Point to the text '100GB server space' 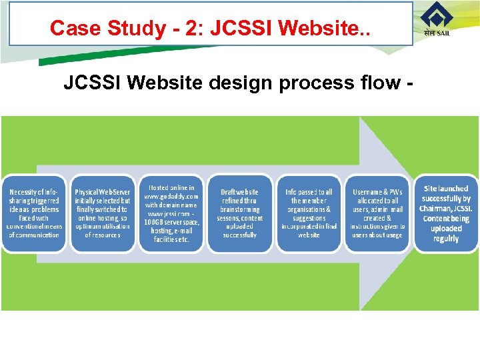pyautogui.click(x=172, y=222)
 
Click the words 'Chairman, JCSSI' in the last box pyautogui.click(x=446, y=209)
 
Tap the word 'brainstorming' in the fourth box pyautogui.click(x=240, y=209)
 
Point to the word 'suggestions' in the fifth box pyautogui.click(x=309, y=218)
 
